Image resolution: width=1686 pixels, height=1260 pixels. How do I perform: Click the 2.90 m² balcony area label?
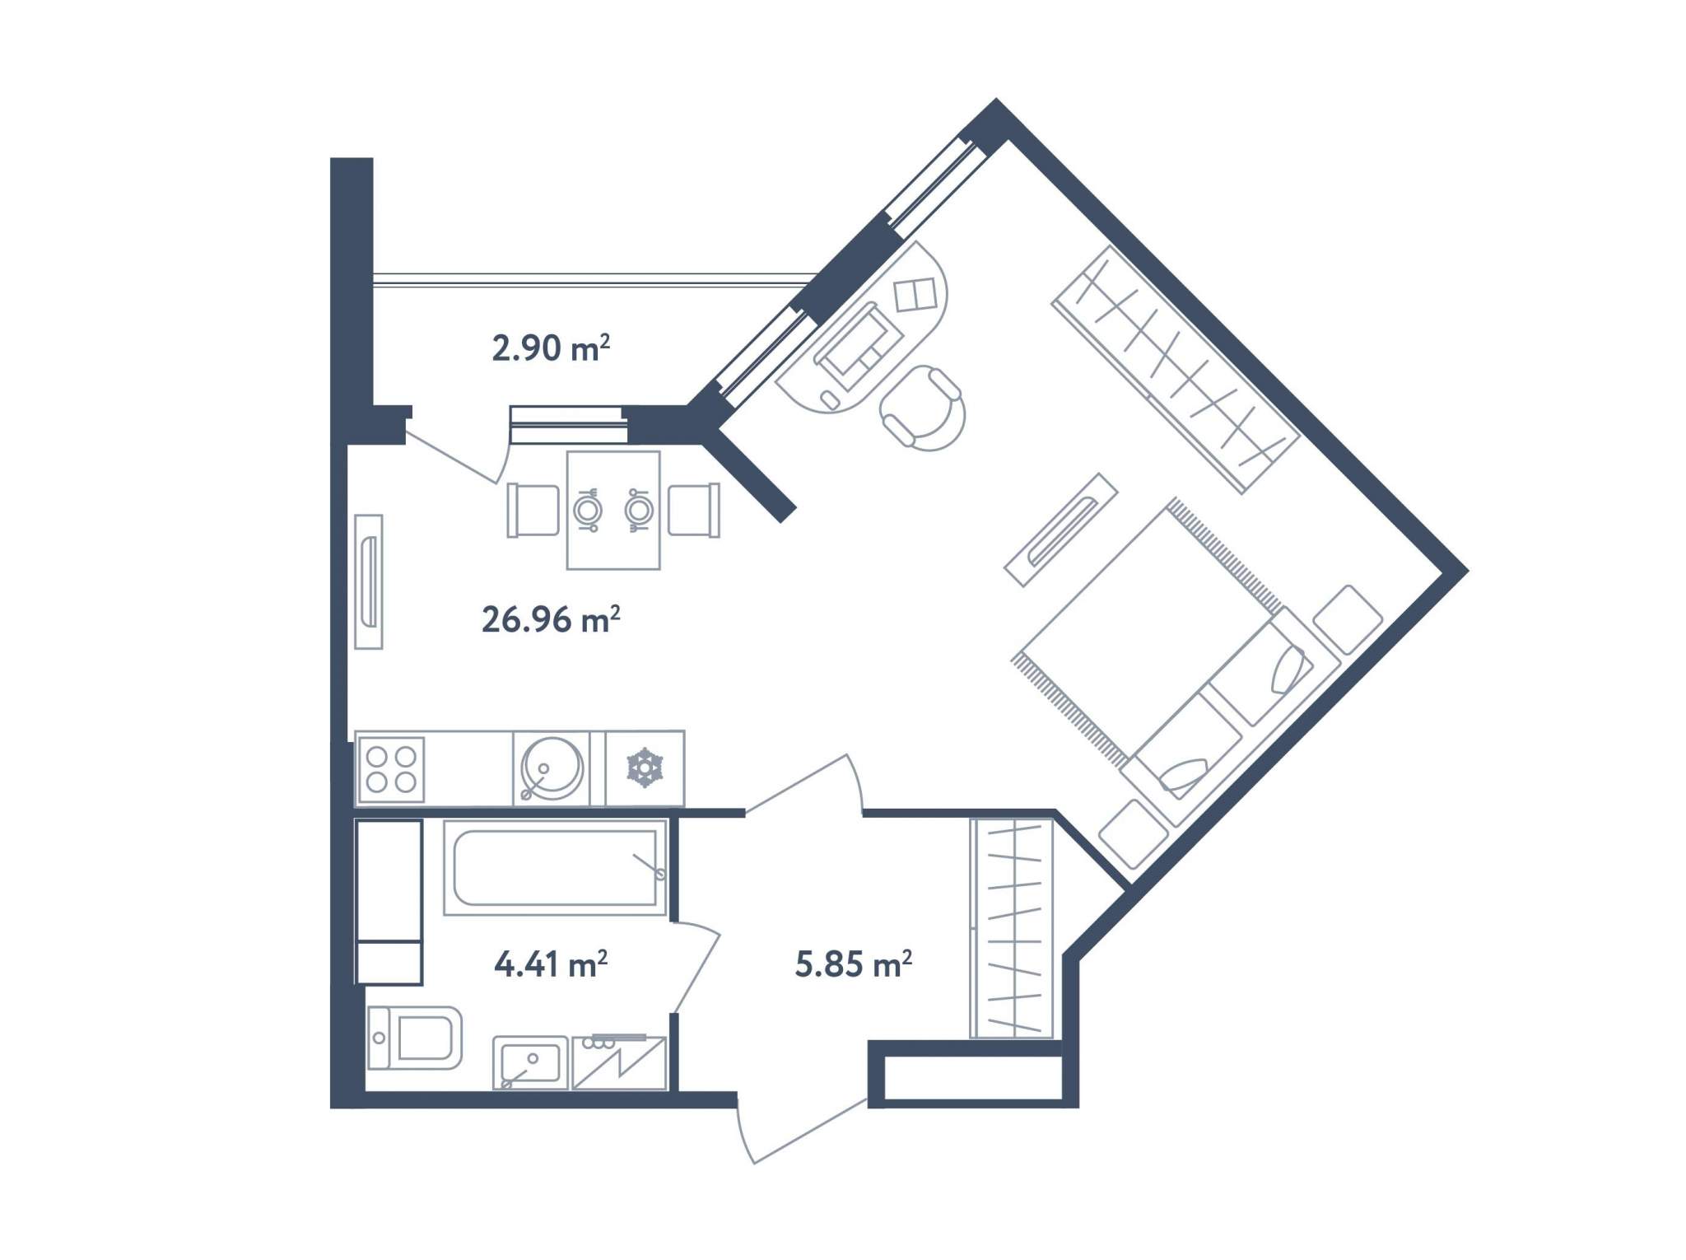point(551,348)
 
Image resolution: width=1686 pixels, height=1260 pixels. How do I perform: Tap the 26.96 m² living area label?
point(551,619)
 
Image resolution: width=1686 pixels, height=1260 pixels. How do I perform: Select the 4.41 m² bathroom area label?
point(551,963)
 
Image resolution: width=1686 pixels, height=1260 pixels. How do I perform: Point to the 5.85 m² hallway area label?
point(854,963)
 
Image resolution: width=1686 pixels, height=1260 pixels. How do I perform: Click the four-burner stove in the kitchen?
point(391,769)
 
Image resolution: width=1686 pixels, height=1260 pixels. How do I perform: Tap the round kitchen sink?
point(551,768)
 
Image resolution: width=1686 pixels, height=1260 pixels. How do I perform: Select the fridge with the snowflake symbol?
point(645,768)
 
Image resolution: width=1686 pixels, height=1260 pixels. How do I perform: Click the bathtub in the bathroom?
point(555,867)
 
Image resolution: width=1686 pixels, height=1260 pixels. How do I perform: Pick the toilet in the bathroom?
point(414,1038)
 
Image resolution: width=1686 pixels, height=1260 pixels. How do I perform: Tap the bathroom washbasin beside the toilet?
point(530,1062)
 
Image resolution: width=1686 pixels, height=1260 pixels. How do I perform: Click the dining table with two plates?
point(613,510)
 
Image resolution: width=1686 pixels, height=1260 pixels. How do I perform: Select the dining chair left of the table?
point(533,510)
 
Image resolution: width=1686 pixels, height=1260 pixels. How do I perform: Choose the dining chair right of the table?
point(694,510)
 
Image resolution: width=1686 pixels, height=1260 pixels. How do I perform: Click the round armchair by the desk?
point(923,408)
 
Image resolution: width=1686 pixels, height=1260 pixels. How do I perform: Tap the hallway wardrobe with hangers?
point(1012,928)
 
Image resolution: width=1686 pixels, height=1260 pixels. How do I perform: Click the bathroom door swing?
point(696,968)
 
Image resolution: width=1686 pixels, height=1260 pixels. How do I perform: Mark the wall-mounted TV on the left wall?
point(369,581)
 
